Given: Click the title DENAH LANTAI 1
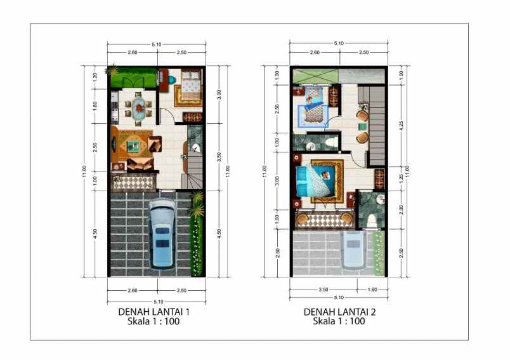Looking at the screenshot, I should click(154, 312).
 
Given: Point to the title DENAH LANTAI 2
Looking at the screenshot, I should click(339, 312).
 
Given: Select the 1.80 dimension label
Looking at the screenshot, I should click(95, 106).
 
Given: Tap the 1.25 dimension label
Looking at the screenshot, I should click(400, 179).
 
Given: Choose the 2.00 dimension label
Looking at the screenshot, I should click(400, 209).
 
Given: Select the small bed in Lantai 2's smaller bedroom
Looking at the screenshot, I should click(314, 105).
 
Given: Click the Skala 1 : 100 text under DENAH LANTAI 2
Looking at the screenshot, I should click(339, 322).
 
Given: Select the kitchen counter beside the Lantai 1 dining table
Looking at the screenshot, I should click(115, 106).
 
